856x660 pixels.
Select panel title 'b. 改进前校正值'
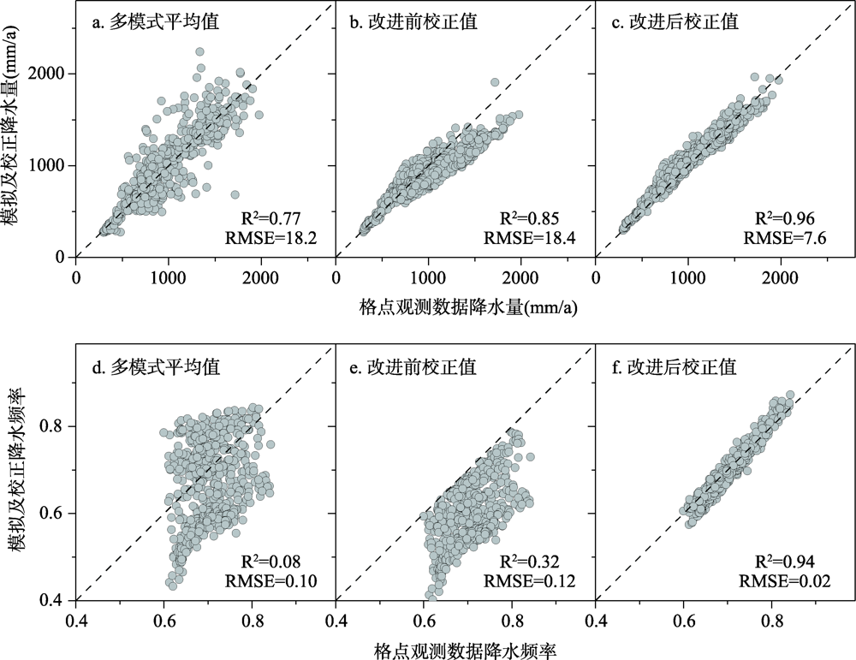pyautogui.click(x=413, y=23)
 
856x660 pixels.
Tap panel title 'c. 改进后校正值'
pyautogui.click(x=673, y=23)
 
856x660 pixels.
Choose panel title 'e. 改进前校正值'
pyautogui.click(x=413, y=368)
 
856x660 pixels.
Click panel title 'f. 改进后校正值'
pyautogui.click(x=673, y=368)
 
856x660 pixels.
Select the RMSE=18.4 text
pyautogui.click(x=530, y=237)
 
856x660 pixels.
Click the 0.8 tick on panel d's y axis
pyautogui.click(x=58, y=425)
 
